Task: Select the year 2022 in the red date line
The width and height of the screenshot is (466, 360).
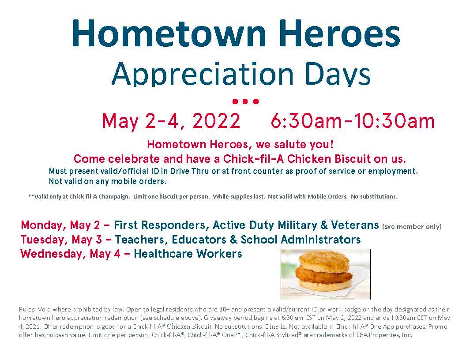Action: (x=216, y=121)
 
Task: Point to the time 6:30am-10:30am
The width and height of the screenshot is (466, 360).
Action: (x=353, y=121)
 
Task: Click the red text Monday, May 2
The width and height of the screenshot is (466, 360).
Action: (x=60, y=225)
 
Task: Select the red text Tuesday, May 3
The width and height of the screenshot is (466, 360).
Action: (x=61, y=240)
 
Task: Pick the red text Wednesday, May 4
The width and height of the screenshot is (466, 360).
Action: (x=71, y=254)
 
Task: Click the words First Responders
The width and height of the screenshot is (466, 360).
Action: (x=159, y=225)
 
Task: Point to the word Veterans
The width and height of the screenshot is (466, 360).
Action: (x=355, y=225)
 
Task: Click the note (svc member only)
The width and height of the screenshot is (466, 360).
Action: (x=412, y=227)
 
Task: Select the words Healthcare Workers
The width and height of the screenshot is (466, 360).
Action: (x=188, y=254)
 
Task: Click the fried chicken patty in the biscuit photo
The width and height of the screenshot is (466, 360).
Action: (x=323, y=274)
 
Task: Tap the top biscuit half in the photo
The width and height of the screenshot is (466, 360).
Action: (x=324, y=260)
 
